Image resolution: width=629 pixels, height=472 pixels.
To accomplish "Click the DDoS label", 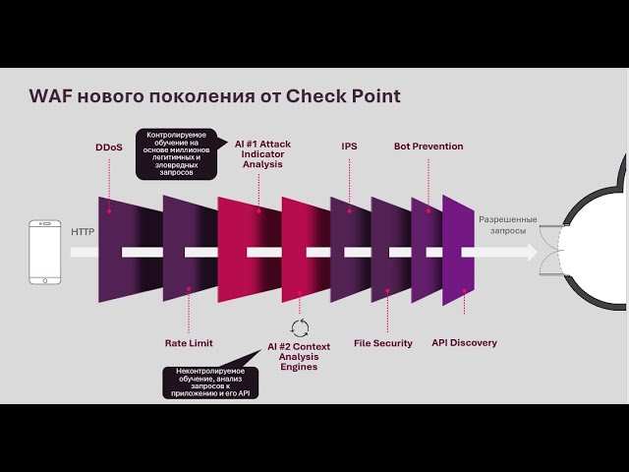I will tap(108, 147).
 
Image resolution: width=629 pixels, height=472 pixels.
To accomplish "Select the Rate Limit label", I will tap(189, 343).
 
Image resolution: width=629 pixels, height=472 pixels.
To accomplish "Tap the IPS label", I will tap(349, 147).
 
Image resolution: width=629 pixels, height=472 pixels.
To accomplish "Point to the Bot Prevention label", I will tap(429, 147).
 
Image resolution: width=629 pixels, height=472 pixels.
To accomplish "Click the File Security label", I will tap(383, 343).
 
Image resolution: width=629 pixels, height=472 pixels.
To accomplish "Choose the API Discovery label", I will tap(464, 343).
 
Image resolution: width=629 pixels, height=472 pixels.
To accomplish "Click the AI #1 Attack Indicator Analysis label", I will tap(262, 154).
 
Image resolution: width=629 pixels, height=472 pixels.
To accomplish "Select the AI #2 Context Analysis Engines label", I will tap(299, 357).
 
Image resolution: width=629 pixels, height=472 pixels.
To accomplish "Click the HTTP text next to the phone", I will tap(83, 232).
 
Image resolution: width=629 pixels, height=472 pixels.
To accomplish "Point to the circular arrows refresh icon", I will tap(300, 328).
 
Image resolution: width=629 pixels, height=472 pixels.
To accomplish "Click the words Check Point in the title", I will tap(343, 96).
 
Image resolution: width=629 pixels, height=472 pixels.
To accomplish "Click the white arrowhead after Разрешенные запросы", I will tap(531, 252).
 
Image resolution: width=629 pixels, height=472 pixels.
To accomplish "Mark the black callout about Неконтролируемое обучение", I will tap(211, 383).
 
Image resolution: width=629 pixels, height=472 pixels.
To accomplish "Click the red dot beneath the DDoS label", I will tap(109, 209).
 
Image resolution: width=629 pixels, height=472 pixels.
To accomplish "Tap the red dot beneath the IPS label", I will tap(349, 207).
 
